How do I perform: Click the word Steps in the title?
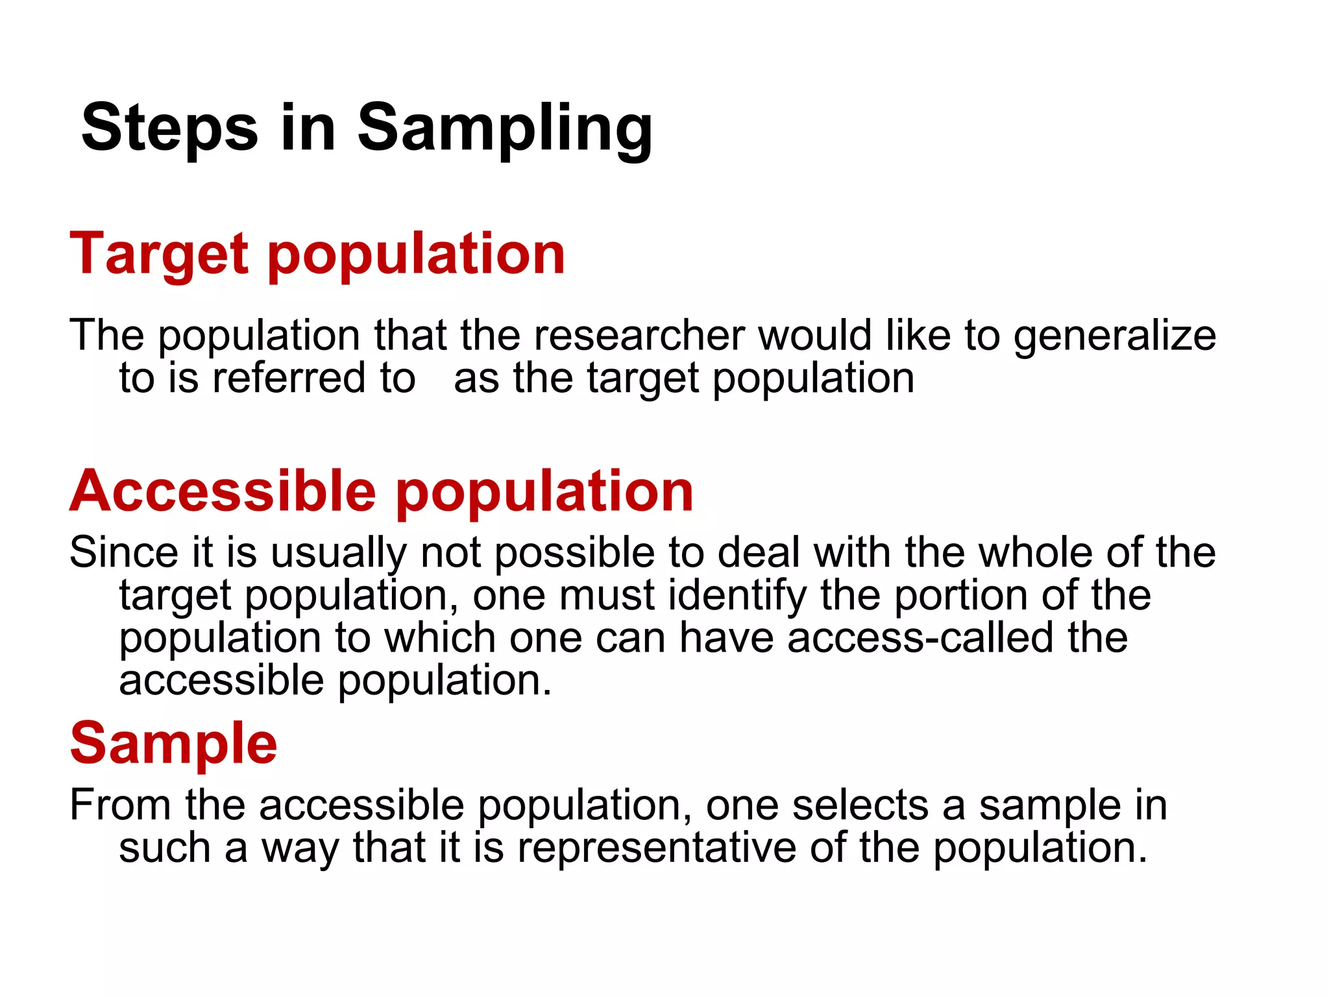169,128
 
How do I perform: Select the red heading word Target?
159,254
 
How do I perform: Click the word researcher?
639,336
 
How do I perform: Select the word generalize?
1114,337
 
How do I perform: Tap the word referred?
289,378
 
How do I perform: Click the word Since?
123,552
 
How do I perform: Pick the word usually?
338,554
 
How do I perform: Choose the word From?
120,805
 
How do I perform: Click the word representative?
656,848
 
